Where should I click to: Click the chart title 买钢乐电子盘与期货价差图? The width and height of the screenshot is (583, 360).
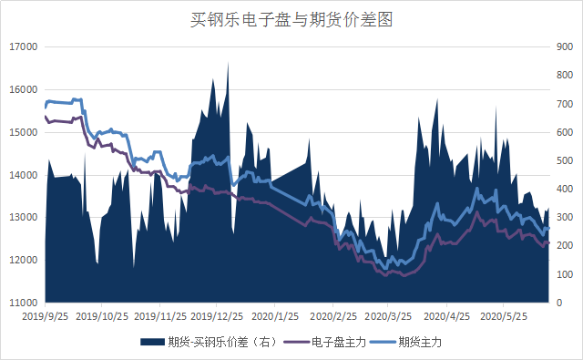(x=291, y=18)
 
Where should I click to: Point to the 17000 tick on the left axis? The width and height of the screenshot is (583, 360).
(x=24, y=46)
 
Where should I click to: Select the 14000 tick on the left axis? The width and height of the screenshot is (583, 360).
(x=24, y=175)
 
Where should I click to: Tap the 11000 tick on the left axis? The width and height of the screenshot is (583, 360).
(x=24, y=303)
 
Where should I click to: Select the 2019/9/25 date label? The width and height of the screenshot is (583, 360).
(x=45, y=316)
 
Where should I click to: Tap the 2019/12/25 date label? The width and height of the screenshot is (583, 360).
(x=216, y=316)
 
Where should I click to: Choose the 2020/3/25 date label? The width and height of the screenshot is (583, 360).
(x=388, y=316)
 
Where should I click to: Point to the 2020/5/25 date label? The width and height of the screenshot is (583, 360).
(x=503, y=316)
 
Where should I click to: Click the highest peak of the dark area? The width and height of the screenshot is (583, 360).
(x=228, y=62)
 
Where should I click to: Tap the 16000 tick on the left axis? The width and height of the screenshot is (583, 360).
(x=24, y=89)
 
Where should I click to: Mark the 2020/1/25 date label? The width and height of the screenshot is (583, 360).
(x=274, y=316)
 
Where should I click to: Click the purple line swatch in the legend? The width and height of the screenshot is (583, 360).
(x=295, y=342)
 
